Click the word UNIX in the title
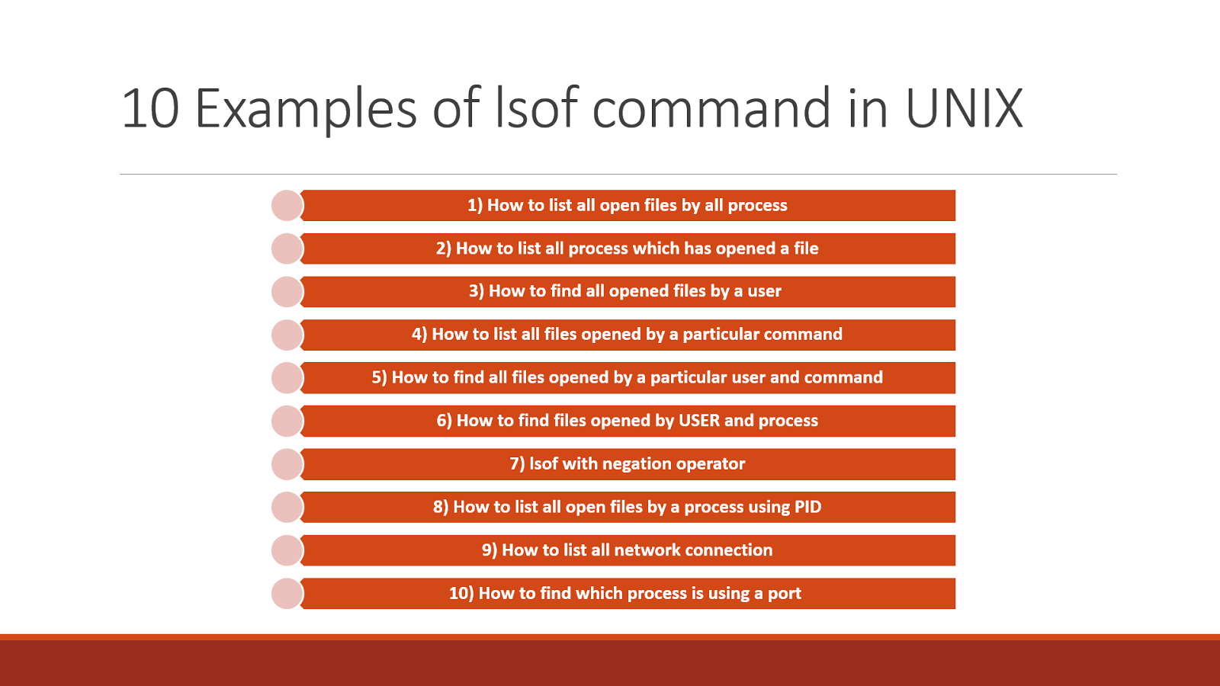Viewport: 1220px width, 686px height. [964, 108]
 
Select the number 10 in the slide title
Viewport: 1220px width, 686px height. [150, 108]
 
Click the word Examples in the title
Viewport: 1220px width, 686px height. [306, 108]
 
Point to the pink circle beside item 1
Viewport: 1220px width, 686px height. [287, 206]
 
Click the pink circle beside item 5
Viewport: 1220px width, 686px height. [287, 378]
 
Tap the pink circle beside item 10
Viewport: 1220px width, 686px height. [287, 594]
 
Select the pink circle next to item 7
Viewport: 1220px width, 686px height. [287, 464]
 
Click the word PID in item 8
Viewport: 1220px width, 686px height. [807, 507]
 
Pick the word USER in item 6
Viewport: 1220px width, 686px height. [698, 421]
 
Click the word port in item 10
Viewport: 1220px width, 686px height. [785, 594]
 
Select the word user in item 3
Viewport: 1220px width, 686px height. [764, 291]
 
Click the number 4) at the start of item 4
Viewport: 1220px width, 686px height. [419, 335]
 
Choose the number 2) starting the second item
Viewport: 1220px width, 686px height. [444, 248]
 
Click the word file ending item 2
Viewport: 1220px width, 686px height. [806, 248]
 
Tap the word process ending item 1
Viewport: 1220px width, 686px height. [757, 206]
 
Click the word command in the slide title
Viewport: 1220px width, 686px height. [711, 108]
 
